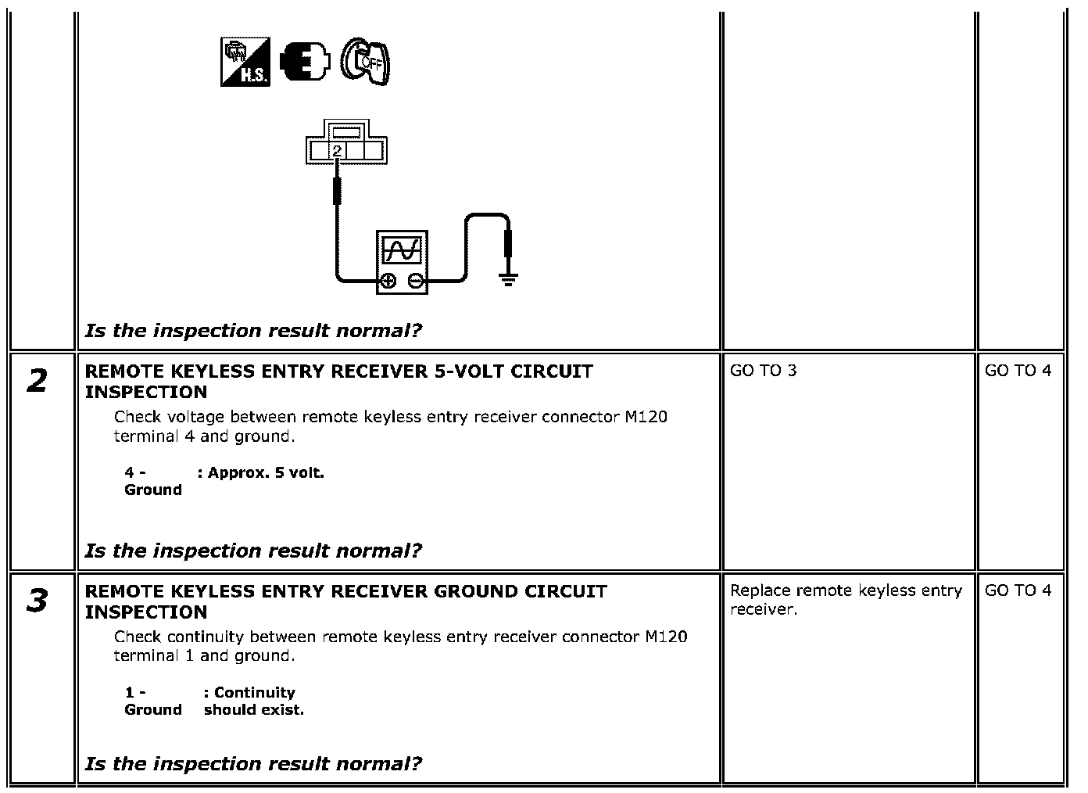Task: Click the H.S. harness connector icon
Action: (245, 62)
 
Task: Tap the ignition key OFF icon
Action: (365, 61)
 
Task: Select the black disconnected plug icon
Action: (305, 61)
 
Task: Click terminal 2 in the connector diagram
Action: (337, 151)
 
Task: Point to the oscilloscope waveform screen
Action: (402, 250)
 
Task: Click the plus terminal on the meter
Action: (388, 281)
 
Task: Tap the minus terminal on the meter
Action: (416, 281)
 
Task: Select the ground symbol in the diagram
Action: (508, 281)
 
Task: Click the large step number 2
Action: (37, 380)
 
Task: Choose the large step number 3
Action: (37, 600)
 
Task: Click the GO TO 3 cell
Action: (763, 371)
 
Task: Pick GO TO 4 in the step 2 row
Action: (1018, 371)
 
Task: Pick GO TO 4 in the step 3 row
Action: (1018, 590)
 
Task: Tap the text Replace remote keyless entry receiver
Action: (846, 600)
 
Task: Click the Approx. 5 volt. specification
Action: (261, 473)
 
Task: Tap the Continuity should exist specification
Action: (254, 701)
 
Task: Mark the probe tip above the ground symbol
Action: (508, 243)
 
